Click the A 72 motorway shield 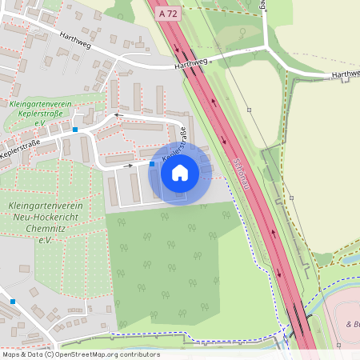pos(168,14)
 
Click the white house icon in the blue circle pos(180,172)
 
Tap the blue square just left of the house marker pos(152,164)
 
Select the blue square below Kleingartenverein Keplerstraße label pos(75,129)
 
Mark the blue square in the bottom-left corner pos(13,301)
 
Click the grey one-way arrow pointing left pos(118,115)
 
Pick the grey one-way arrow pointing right pos(130,165)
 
